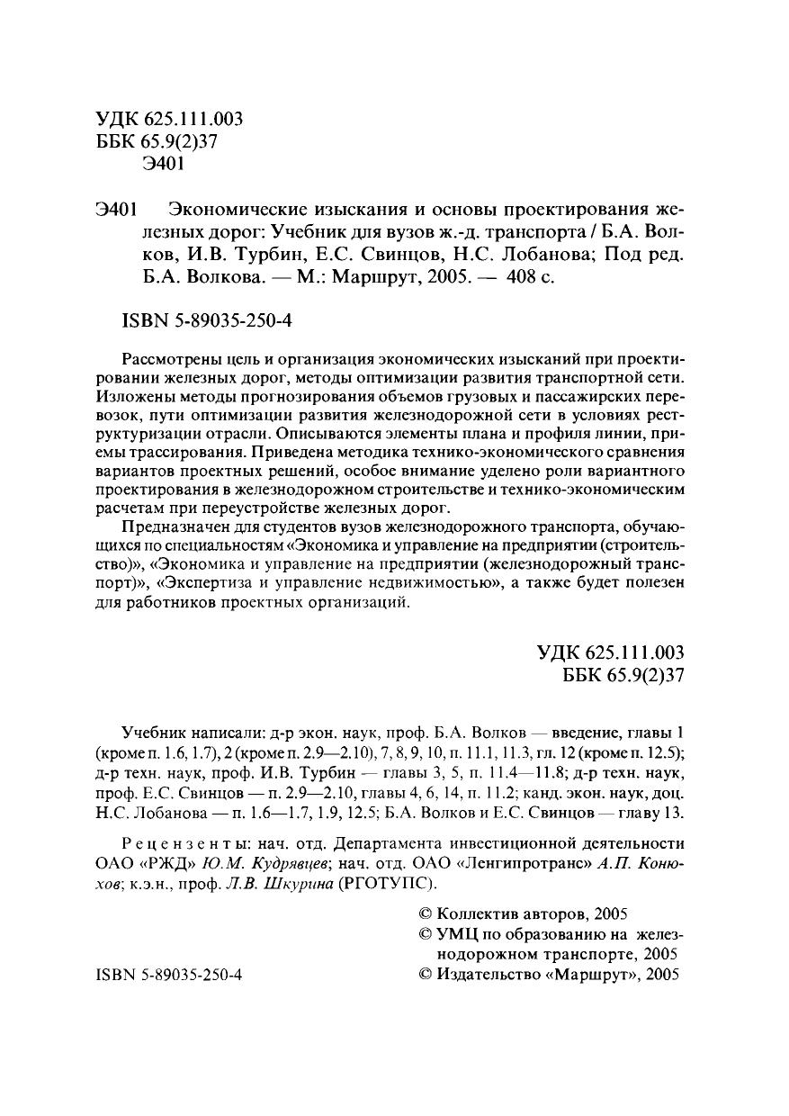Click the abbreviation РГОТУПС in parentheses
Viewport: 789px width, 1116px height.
coord(372,884)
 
